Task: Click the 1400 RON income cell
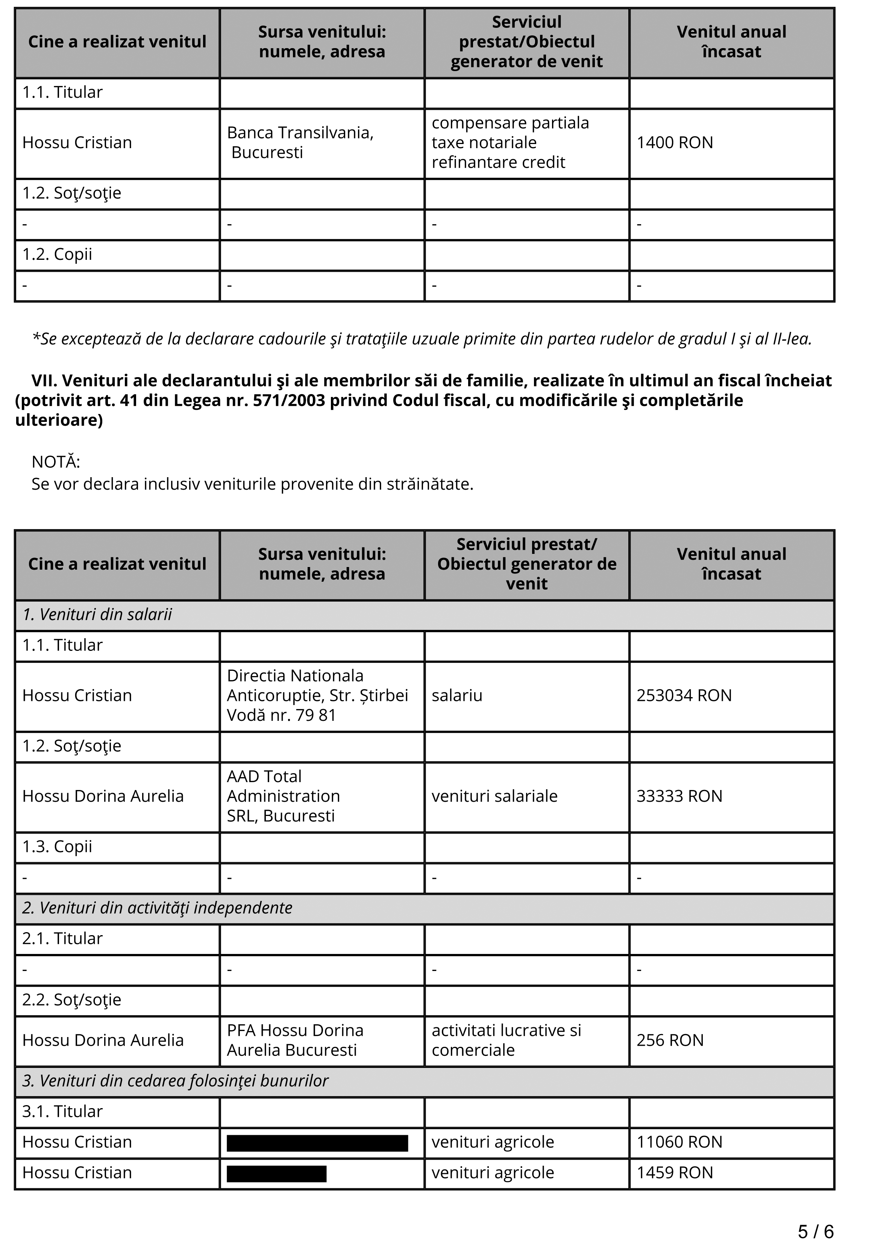coord(675,143)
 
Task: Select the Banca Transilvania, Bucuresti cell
coord(300,143)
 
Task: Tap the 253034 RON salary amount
coord(684,695)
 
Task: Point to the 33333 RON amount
coord(679,796)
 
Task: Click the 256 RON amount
coord(670,1040)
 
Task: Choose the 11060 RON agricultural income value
coord(679,1142)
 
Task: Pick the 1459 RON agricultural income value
coord(675,1172)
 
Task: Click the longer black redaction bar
coord(317,1143)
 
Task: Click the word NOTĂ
coord(55,462)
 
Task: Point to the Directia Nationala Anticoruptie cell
coord(317,695)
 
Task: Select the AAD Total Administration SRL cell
coord(283,796)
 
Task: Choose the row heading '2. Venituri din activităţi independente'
coord(157,908)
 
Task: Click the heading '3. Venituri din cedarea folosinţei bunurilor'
coord(175,1081)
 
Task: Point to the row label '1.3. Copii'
coord(57,846)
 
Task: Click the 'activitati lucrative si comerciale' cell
coord(506,1040)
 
